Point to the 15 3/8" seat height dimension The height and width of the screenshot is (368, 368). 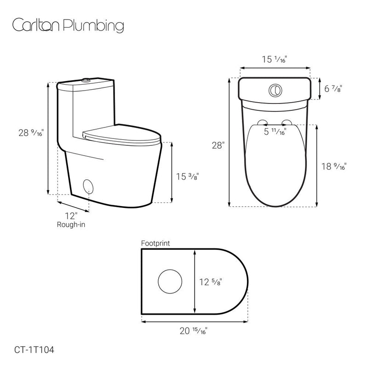click(188, 176)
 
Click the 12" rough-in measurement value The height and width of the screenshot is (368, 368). click(71, 215)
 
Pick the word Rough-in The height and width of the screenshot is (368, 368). click(71, 224)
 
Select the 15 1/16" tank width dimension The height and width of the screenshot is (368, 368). click(275, 59)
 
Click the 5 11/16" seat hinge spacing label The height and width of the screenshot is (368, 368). click(275, 132)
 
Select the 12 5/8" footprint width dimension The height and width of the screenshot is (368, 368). click(213, 281)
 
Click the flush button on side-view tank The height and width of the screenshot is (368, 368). click(85, 81)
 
